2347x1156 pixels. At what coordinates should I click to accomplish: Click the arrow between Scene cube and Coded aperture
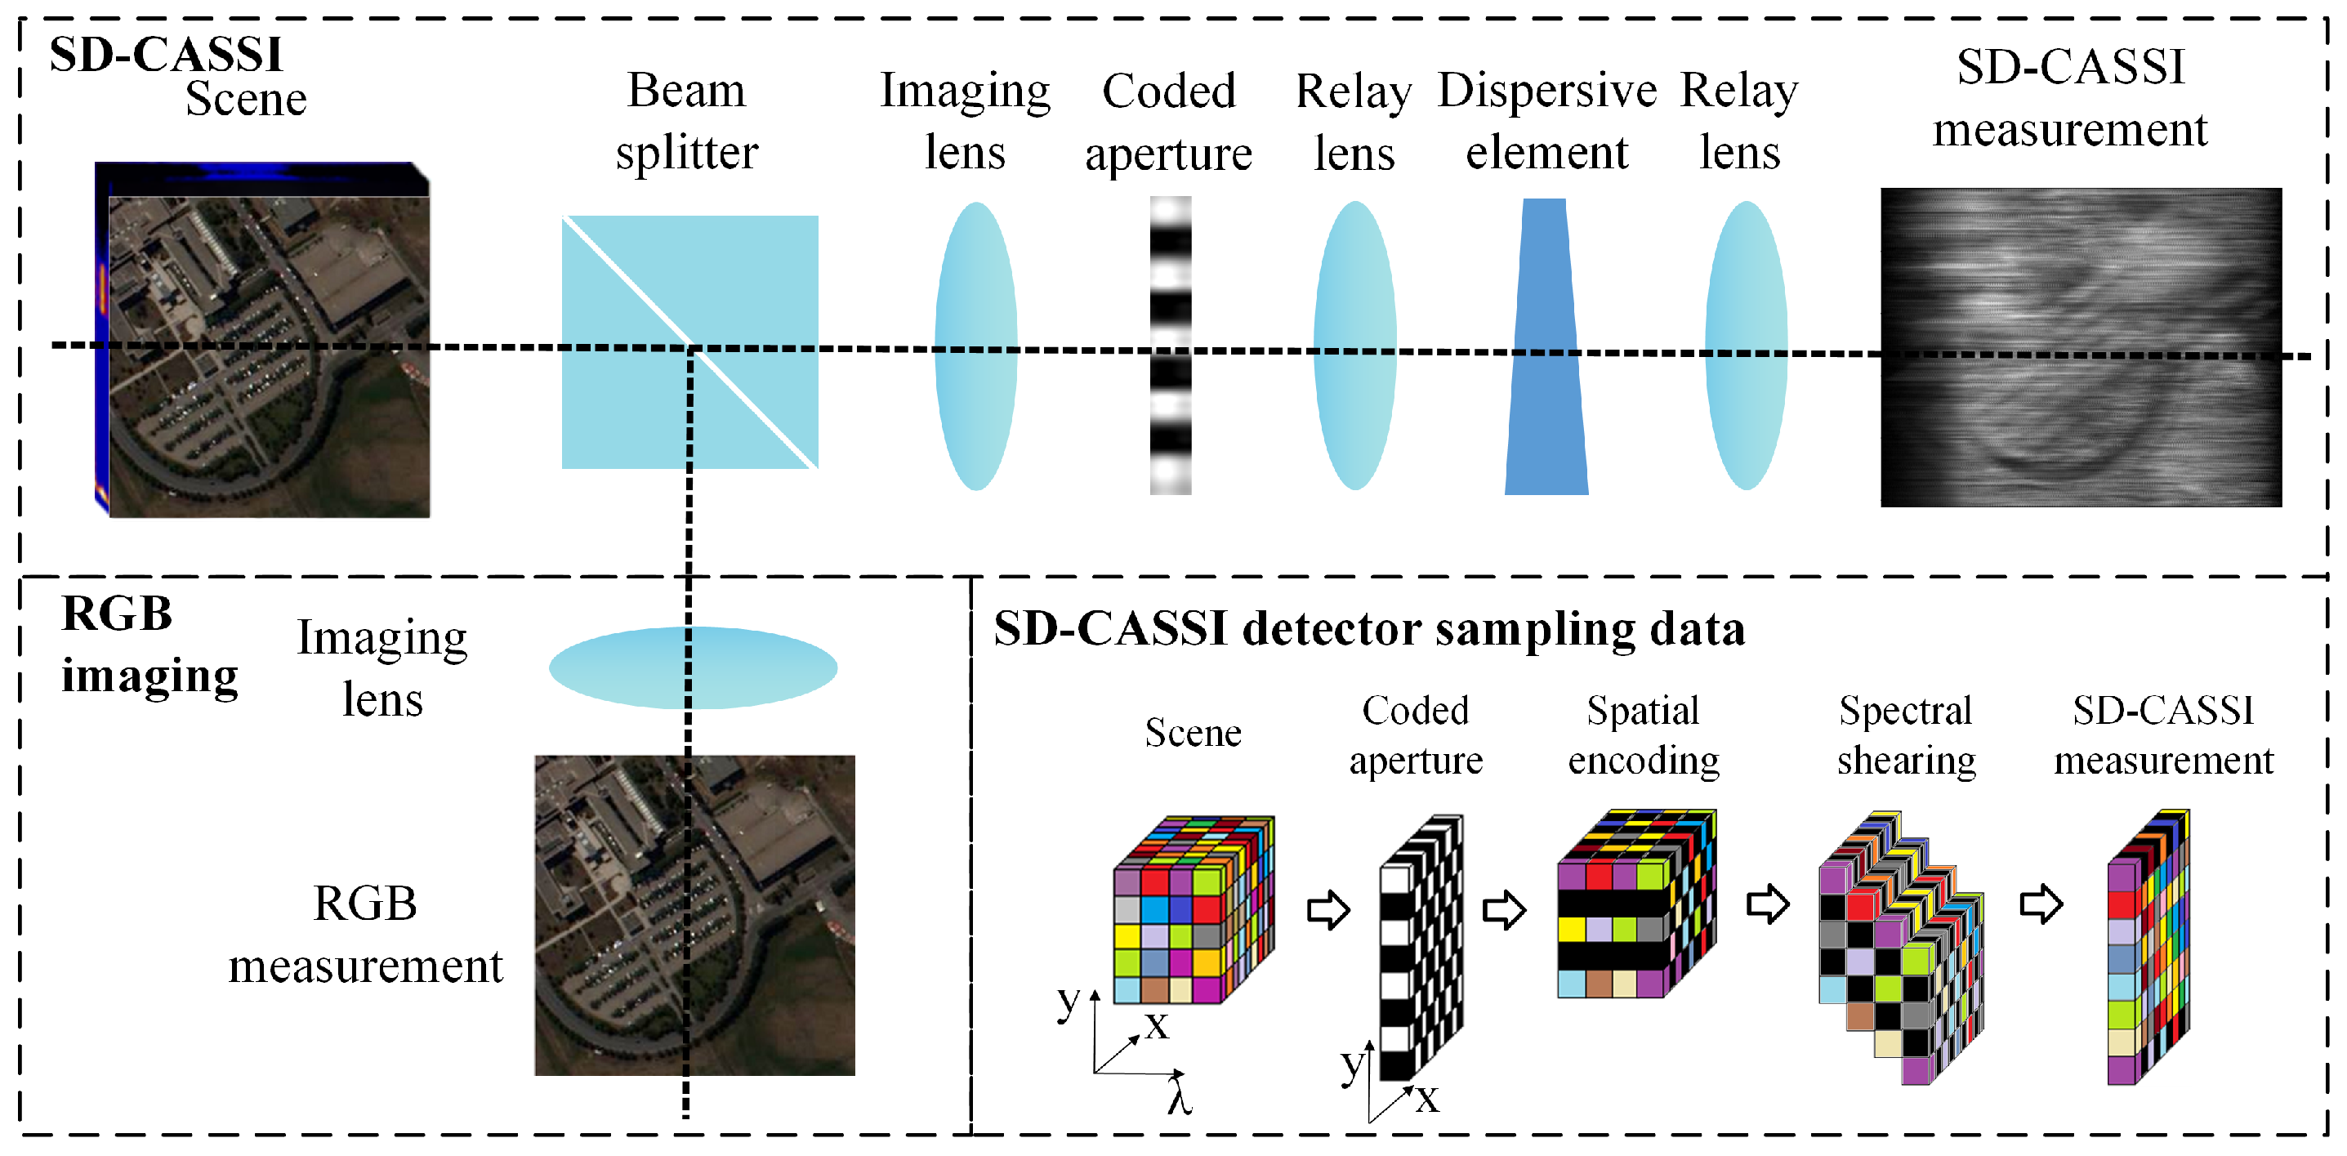tap(1327, 908)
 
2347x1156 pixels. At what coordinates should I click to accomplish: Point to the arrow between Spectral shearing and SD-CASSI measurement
tap(2041, 904)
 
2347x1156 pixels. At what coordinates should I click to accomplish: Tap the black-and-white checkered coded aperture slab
tap(1421, 948)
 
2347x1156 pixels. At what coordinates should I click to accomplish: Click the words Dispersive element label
tap(1546, 120)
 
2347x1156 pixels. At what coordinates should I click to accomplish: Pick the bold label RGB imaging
tap(149, 644)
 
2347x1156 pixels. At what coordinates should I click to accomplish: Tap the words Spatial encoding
tap(1643, 734)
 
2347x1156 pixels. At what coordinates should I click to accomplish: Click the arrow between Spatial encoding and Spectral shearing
tap(1768, 904)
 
